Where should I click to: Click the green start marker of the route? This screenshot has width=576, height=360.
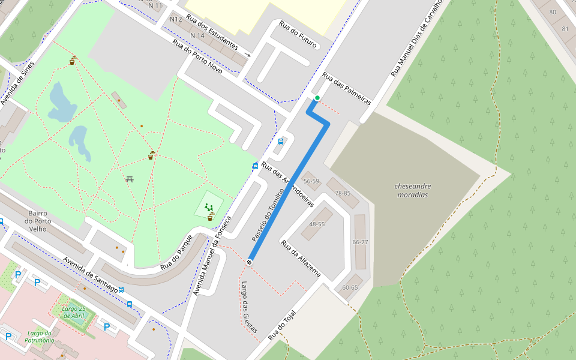317,98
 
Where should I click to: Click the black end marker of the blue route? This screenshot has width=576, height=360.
249,262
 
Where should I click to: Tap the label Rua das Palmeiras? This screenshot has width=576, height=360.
346,89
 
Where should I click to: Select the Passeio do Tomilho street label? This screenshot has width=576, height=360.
267,215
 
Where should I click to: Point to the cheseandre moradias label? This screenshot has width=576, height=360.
413,190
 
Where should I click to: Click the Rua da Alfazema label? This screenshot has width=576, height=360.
301,259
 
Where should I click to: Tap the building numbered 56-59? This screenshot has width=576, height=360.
311,181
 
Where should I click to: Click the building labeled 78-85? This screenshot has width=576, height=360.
343,193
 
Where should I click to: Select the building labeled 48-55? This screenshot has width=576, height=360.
317,224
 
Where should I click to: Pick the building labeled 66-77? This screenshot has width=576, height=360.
360,242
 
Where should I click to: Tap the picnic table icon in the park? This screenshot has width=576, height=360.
130,179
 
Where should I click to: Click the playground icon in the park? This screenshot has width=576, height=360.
209,207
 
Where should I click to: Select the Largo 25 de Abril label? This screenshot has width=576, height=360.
75,312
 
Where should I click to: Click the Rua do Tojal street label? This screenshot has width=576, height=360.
282,325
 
